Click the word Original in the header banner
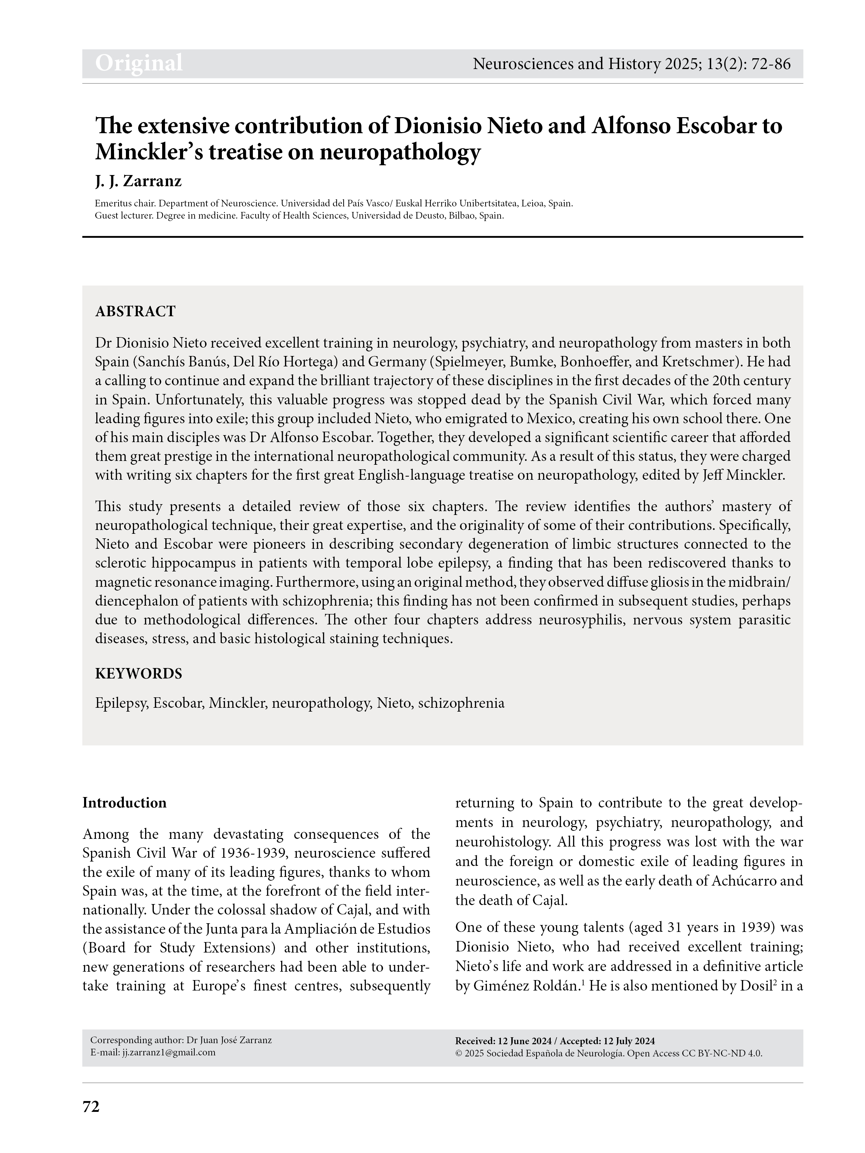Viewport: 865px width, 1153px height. coord(139,63)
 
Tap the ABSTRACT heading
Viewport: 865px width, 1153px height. coord(135,312)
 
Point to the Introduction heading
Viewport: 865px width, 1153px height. coord(124,803)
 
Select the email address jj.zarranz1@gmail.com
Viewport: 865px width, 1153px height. coord(168,1052)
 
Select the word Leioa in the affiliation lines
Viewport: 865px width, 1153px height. coord(532,203)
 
